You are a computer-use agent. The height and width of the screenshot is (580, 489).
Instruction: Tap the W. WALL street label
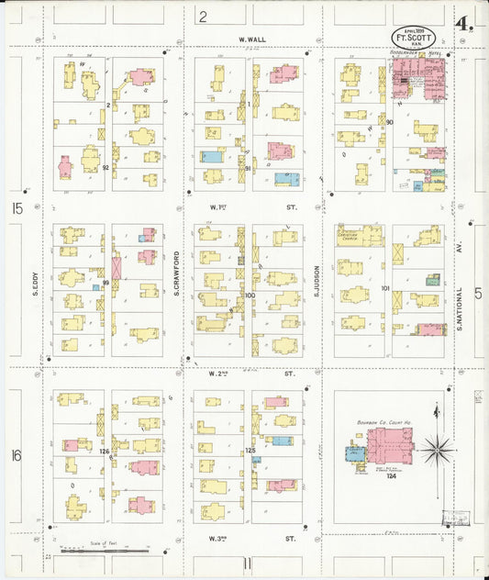(x=251, y=40)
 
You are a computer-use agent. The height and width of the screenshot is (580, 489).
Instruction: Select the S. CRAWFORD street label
(x=176, y=274)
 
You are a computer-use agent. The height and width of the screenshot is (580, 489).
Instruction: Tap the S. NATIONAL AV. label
(x=459, y=284)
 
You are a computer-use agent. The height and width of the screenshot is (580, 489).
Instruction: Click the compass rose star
(x=438, y=450)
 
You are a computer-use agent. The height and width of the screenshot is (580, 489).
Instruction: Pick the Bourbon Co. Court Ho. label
(x=383, y=423)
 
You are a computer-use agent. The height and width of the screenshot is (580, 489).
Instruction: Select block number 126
(x=105, y=451)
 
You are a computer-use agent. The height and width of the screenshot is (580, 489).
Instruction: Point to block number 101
(x=385, y=288)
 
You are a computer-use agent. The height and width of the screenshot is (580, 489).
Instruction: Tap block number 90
(x=390, y=122)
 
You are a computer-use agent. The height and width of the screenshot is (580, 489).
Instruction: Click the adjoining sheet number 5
(x=477, y=293)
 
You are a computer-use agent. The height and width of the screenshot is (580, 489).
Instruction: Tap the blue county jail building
(x=354, y=453)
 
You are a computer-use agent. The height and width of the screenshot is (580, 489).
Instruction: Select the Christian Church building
(x=360, y=236)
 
